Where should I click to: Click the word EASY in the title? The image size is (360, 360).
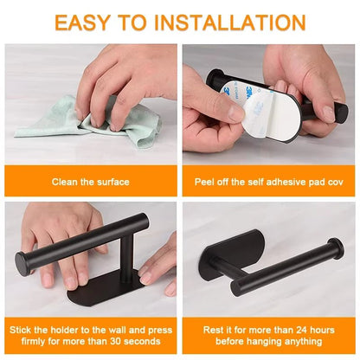(91, 22)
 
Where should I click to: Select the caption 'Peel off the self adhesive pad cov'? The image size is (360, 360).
(269, 182)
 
